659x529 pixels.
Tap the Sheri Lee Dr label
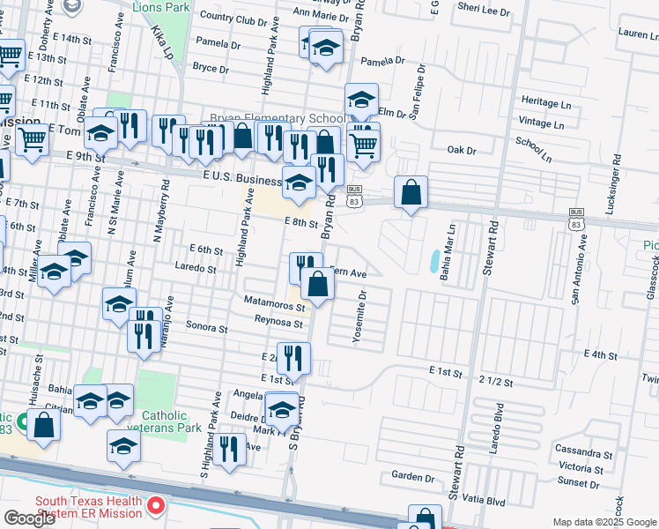click(485, 11)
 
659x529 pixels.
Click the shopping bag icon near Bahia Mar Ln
click(411, 192)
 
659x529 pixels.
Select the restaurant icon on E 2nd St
click(293, 357)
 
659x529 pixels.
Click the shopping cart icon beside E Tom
click(33, 138)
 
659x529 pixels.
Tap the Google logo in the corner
click(29, 518)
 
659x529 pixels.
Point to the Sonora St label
click(207, 326)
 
